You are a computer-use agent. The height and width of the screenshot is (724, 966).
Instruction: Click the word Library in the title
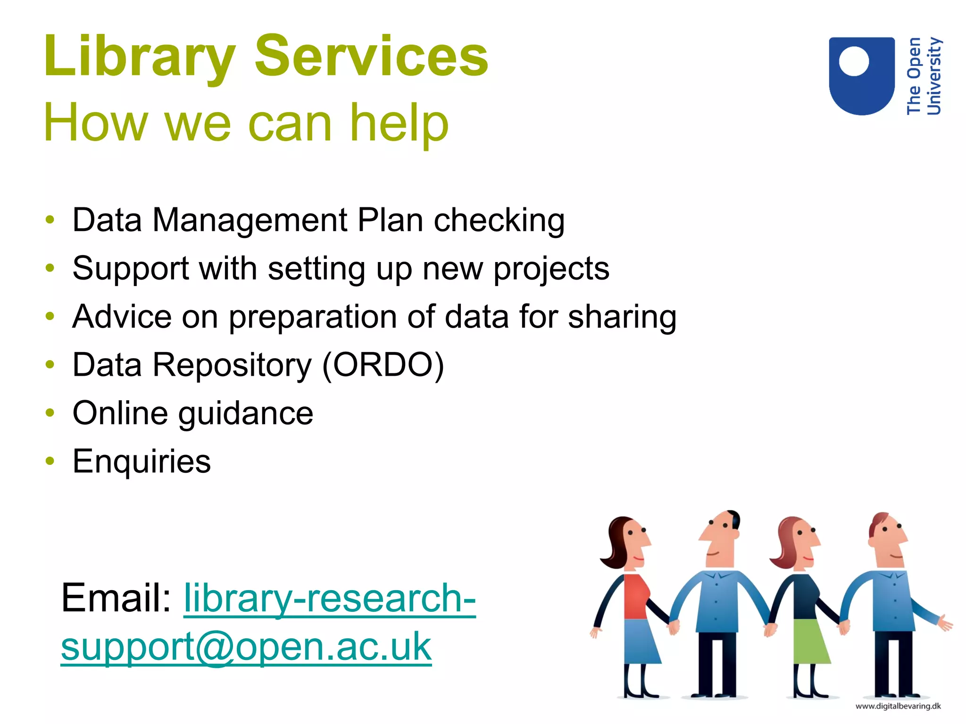139,57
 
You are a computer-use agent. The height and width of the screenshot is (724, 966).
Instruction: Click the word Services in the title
371,57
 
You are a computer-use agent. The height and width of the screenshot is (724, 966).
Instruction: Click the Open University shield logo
862,75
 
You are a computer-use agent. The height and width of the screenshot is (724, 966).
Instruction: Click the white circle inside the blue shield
854,61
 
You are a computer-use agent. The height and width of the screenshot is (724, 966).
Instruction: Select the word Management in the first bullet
250,220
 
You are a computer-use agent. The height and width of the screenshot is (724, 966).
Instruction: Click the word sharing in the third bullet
622,317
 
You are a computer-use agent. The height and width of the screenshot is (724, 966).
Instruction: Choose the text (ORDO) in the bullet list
383,365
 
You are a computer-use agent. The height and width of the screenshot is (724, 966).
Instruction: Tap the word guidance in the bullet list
246,413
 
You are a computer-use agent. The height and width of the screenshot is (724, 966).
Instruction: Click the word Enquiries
142,461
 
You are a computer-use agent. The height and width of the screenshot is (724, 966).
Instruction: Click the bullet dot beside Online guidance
50,412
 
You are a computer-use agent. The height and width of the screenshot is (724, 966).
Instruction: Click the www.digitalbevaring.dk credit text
898,706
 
